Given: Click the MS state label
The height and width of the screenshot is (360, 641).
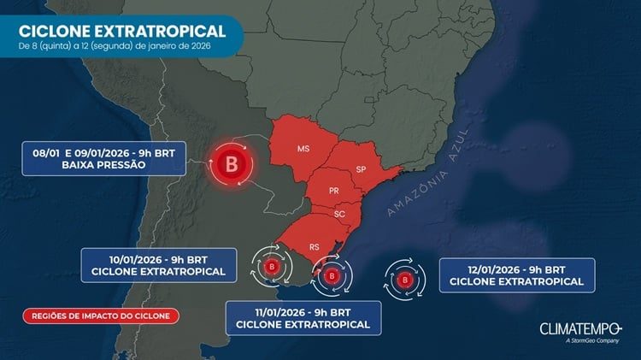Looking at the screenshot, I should click(x=303, y=149).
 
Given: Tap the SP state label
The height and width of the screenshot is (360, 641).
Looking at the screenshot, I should click(x=361, y=168).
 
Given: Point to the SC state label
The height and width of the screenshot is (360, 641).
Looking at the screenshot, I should click(x=339, y=214).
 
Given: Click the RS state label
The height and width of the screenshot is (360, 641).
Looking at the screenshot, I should click(x=315, y=246).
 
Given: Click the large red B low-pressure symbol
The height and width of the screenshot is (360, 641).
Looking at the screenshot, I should click(x=230, y=162).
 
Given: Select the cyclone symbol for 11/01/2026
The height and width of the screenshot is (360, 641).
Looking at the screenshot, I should click(x=331, y=276).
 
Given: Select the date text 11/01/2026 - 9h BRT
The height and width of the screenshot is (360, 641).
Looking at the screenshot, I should click(x=303, y=310).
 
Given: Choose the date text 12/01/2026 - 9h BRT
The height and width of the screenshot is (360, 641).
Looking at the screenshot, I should click(x=516, y=268).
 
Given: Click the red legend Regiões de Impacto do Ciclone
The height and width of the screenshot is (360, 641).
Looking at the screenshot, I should click(x=101, y=316).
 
